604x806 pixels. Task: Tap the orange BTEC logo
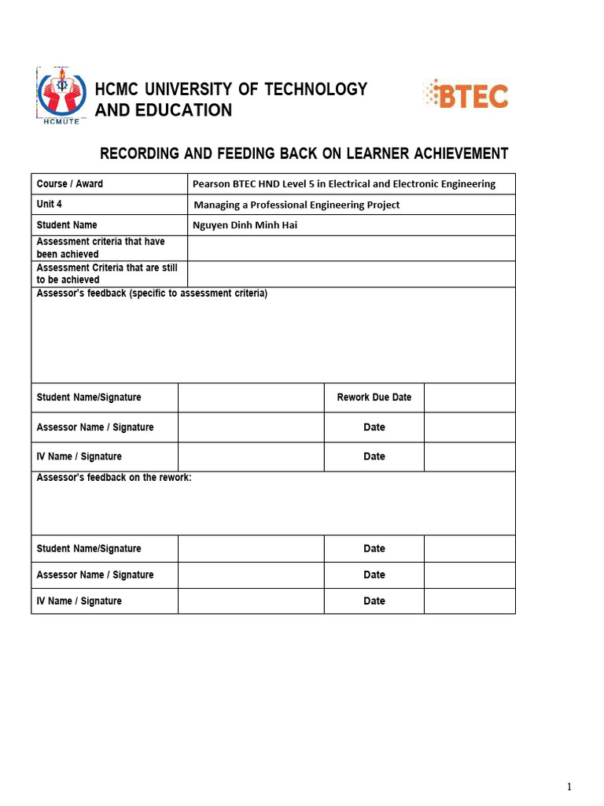pyautogui.click(x=466, y=94)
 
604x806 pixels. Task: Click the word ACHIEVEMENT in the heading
pyautogui.click(x=454, y=153)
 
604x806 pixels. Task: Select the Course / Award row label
pyautogui.click(x=70, y=183)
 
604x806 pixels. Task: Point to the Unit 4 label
pyautogui.click(x=50, y=204)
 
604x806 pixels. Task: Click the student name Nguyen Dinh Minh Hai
pyautogui.click(x=245, y=225)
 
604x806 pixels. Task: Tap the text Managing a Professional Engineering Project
pyautogui.click(x=296, y=205)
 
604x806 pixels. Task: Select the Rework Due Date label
pyautogui.click(x=374, y=397)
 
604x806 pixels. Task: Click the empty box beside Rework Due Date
pyautogui.click(x=470, y=397)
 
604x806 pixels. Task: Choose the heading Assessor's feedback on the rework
pyautogui.click(x=114, y=478)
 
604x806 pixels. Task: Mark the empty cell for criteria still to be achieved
pyautogui.click(x=352, y=274)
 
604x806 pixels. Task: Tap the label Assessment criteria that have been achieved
pyautogui.click(x=101, y=248)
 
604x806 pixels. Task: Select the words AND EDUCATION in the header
pyautogui.click(x=164, y=110)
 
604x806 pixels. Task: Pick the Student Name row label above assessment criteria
pyautogui.click(x=67, y=225)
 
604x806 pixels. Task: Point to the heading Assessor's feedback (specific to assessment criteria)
pyautogui.click(x=152, y=294)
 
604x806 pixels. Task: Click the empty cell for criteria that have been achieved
pyautogui.click(x=352, y=248)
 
